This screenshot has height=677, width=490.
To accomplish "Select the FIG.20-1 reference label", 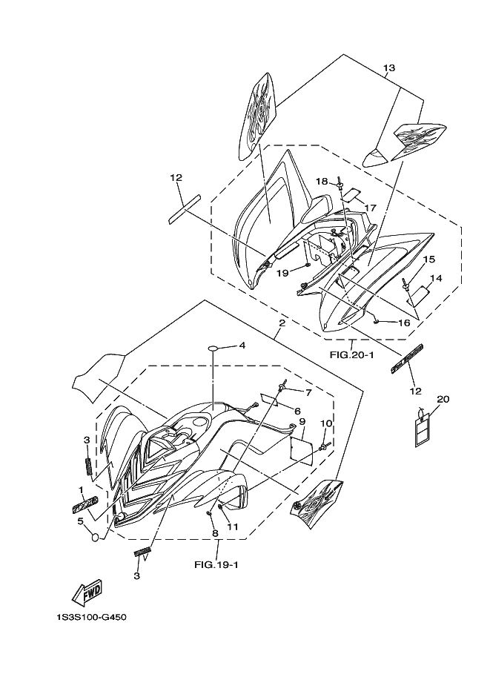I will [x=351, y=354].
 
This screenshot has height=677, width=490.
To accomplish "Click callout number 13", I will [x=389, y=68].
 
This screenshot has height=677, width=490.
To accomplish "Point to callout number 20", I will [x=443, y=399].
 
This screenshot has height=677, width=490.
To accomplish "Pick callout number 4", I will [x=241, y=346].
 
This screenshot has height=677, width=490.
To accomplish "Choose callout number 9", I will [x=302, y=422].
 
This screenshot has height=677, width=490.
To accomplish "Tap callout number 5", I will [x=80, y=521].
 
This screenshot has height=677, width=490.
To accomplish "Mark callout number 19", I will [x=283, y=273].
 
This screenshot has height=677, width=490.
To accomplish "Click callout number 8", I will [x=213, y=532].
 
